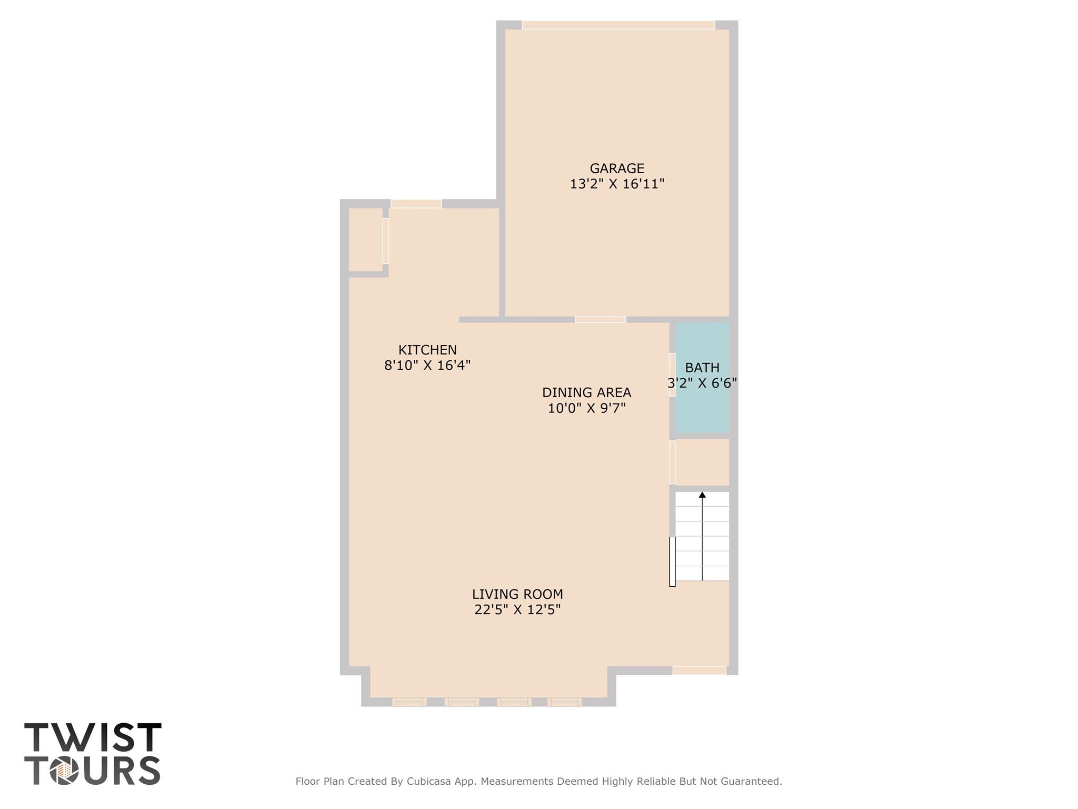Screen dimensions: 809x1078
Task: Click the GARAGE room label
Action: (616, 169)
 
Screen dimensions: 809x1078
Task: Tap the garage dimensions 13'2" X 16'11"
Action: (617, 184)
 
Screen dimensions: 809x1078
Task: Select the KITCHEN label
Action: (427, 350)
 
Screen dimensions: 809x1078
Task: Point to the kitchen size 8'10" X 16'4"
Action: (427, 366)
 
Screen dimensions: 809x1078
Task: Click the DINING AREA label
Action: (586, 392)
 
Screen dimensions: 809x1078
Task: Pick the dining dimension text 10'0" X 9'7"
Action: (586, 408)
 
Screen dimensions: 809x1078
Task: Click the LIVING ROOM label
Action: (517, 594)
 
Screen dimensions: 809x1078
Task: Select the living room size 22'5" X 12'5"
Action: (517, 610)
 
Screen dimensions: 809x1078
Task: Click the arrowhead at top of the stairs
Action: (702, 495)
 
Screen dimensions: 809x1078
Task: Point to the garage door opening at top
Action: (618, 25)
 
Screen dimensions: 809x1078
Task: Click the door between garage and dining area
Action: (600, 320)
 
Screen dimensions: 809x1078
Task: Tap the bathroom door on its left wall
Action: (672, 374)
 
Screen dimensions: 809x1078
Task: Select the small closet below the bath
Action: (702, 462)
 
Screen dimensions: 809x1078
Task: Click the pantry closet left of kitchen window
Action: (365, 240)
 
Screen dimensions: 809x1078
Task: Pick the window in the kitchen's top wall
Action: (416, 204)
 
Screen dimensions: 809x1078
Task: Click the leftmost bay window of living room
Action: (409, 702)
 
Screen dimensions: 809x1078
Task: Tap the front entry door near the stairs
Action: (699, 670)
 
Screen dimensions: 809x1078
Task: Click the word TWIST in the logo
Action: (93, 737)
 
